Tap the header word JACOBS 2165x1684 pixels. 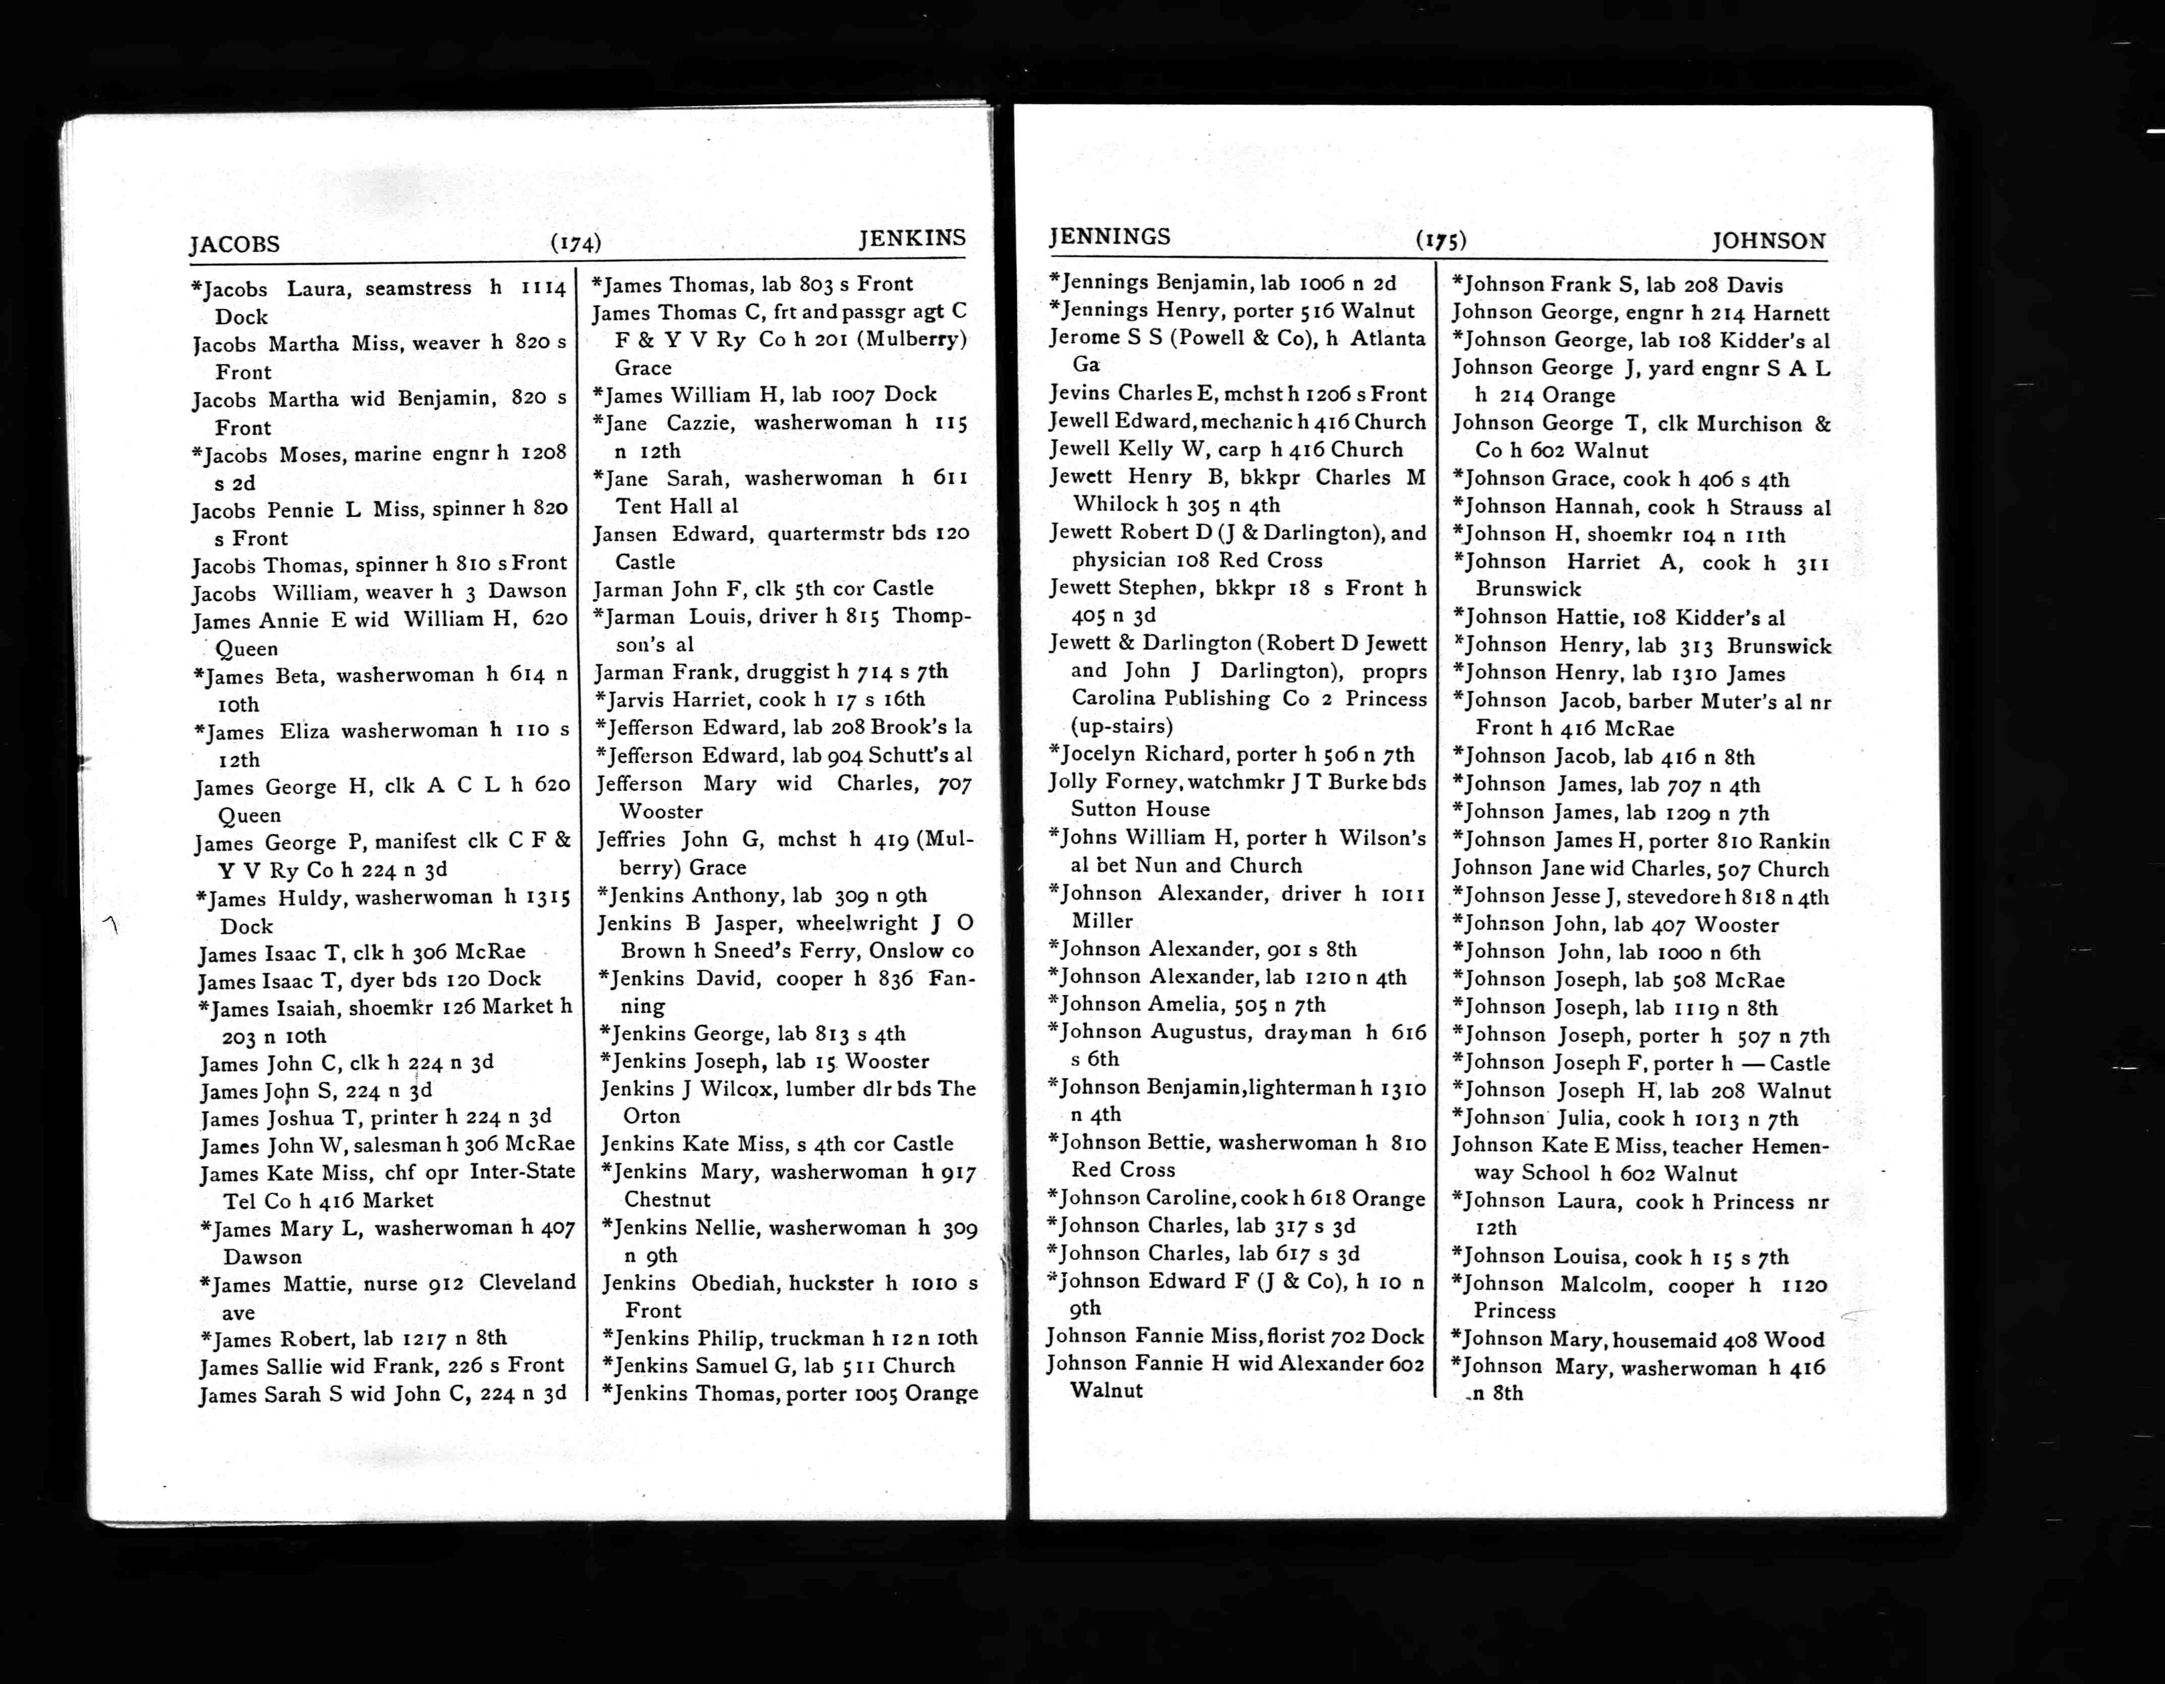click(x=235, y=244)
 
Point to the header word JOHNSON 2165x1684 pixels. click(x=1769, y=241)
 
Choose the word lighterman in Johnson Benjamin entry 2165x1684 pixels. click(x=1303, y=1087)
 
